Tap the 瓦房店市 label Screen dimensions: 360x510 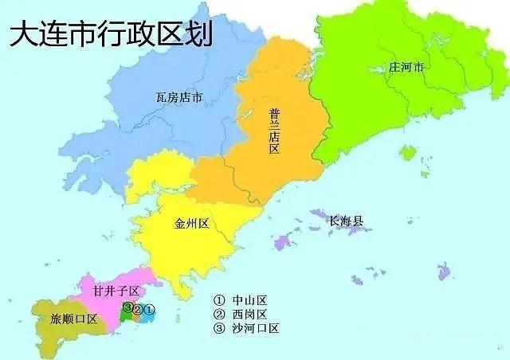tap(179, 98)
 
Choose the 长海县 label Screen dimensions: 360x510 tap(346, 219)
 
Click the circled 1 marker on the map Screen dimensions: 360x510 tap(150, 308)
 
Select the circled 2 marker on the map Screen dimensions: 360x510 tap(138, 309)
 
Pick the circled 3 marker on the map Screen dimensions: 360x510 tap(127, 308)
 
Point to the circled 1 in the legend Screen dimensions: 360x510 tap(219, 300)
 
